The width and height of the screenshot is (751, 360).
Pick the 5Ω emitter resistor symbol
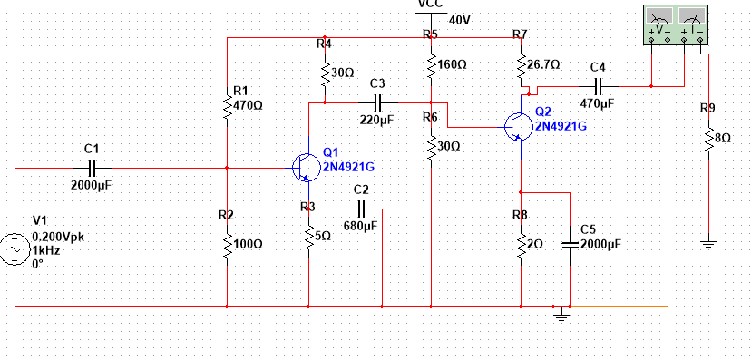(310, 235)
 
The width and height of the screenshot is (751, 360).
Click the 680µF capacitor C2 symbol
(361, 209)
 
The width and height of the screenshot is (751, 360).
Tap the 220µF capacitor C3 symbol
(377, 102)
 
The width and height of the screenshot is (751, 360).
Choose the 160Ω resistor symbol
(431, 65)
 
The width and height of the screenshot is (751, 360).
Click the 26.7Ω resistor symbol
(522, 65)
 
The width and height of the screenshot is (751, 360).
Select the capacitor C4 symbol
(597, 86)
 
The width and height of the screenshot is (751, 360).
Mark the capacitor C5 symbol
(570, 244)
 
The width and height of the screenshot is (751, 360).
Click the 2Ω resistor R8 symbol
(522, 244)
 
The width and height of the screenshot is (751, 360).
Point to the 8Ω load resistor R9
(708, 138)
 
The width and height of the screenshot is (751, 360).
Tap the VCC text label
(431, 5)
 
